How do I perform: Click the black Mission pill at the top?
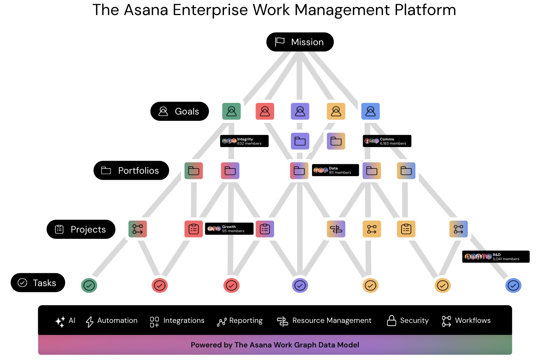pyautogui.click(x=300, y=42)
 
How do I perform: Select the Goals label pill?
pyautogui.click(x=180, y=111)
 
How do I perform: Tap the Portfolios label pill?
pyautogui.click(x=131, y=171)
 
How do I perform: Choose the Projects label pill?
pyautogui.click(x=81, y=229)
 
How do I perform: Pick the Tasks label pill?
pyautogui.click(x=38, y=283)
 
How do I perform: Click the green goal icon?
pyautogui.click(x=231, y=111)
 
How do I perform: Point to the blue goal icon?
pyautogui.click(x=370, y=111)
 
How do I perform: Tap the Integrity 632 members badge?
pyautogui.click(x=244, y=141)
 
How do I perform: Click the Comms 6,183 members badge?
pyautogui.click(x=387, y=141)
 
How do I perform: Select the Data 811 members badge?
pyautogui.click(x=335, y=170)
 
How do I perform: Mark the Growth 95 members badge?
pyautogui.click(x=229, y=229)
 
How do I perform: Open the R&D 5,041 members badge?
pyautogui.click(x=496, y=257)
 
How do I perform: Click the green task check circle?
pyautogui.click(x=89, y=286)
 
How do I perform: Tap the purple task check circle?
pyautogui.click(x=300, y=286)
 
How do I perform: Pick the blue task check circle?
pyautogui.click(x=513, y=286)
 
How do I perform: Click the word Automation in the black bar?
pyautogui.click(x=117, y=320)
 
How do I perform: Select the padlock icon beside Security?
pyautogui.click(x=391, y=320)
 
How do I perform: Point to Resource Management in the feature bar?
pyautogui.click(x=332, y=320)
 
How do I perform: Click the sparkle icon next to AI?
pyautogui.click(x=60, y=321)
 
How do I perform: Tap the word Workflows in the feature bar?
pyautogui.click(x=473, y=320)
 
